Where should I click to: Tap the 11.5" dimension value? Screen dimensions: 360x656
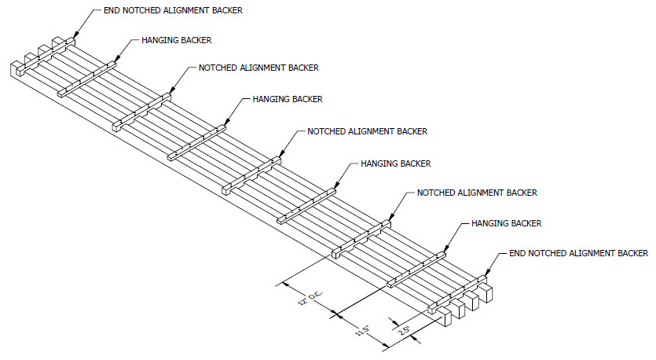[x=365, y=329]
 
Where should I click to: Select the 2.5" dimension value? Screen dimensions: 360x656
[x=405, y=331]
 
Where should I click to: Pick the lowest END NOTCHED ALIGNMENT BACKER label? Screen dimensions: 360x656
[x=578, y=253]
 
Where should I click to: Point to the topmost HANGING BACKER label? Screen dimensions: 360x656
[x=177, y=39]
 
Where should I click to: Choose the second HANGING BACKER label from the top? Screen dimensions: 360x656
[x=287, y=100]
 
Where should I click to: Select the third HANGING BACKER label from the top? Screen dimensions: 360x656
[x=395, y=163]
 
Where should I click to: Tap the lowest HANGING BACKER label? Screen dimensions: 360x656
[x=506, y=224]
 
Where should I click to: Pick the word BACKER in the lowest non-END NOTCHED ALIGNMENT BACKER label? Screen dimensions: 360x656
[x=519, y=193]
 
